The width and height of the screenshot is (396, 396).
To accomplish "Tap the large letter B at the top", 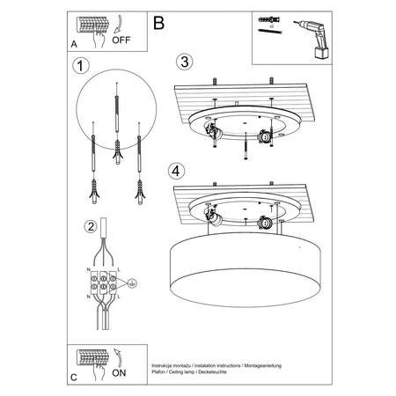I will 159,23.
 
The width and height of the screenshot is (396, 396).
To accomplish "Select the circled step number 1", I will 81,66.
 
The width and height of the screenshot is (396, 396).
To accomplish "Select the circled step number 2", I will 90,227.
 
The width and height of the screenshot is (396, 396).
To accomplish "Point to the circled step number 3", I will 182,62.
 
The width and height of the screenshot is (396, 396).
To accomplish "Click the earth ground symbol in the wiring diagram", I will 131,284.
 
